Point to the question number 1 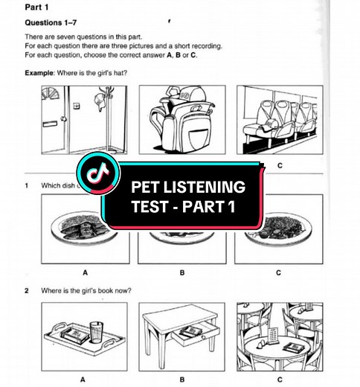28,186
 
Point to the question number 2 28,290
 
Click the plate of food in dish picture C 279,226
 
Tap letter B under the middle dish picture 181,272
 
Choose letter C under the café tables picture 278,379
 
